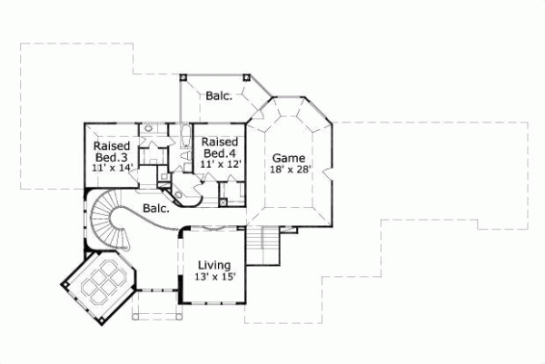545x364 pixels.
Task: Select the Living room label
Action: point(215,265)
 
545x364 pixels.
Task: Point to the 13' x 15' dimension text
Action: point(216,277)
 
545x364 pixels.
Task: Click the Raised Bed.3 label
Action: point(112,152)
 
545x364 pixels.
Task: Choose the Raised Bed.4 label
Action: point(219,148)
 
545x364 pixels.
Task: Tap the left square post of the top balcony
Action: point(183,78)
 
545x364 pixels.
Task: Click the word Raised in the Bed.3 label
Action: point(112,145)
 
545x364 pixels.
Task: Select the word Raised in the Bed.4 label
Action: point(219,143)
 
